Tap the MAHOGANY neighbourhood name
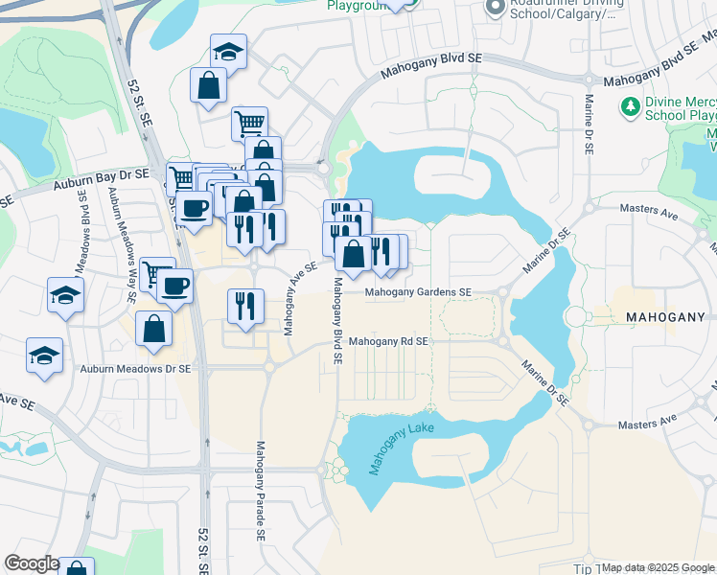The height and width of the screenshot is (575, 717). tap(664, 316)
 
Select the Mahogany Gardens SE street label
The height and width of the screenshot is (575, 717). tap(418, 292)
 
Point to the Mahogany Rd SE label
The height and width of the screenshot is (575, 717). tap(387, 341)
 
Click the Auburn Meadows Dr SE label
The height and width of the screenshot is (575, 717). tap(135, 368)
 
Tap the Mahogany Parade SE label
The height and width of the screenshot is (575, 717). tap(260, 488)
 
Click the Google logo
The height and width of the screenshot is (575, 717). tap(31, 564)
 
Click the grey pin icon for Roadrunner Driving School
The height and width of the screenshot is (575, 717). tap(495, 9)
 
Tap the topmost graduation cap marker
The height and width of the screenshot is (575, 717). tap(228, 51)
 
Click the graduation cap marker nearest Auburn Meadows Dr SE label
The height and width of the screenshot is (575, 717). tap(45, 356)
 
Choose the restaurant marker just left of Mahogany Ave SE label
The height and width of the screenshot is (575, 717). tap(245, 306)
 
